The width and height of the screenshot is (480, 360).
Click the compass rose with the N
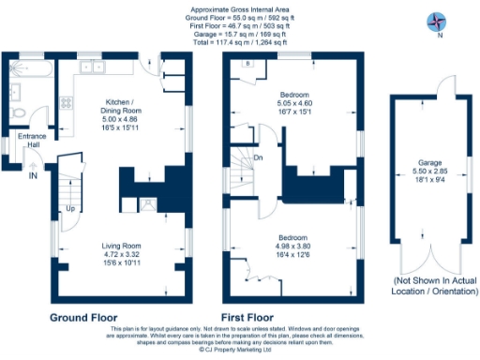(x=436, y=21)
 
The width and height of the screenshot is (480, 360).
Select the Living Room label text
(x=120, y=245)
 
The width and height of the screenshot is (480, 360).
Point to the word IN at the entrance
(x=34, y=175)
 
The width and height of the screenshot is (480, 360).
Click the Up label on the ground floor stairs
(x=71, y=208)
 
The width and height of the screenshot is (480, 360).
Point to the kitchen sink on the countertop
(x=93, y=67)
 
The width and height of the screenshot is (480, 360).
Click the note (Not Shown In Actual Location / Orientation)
(x=430, y=285)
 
